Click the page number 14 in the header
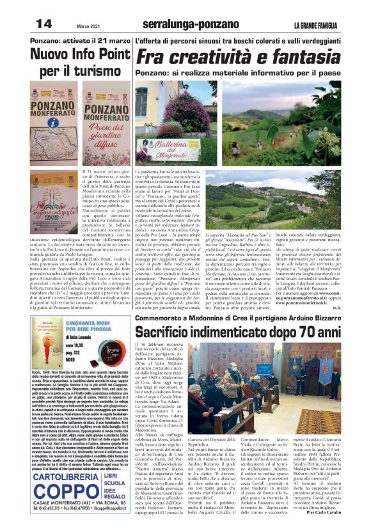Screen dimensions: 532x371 point(43,24)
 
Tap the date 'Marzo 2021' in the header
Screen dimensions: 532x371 point(89,26)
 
